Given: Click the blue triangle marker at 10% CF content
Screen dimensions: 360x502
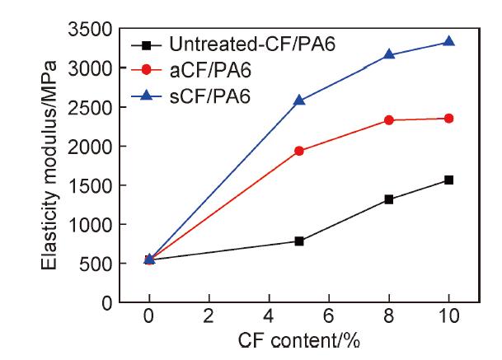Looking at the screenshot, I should pos(448,41).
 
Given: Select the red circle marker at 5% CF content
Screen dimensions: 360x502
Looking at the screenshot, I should pos(299,151).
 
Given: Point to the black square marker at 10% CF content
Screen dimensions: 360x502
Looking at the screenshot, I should pos(448,180).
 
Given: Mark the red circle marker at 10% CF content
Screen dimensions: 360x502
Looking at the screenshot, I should pos(448,119).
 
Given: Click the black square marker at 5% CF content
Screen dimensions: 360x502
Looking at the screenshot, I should pos(299,241).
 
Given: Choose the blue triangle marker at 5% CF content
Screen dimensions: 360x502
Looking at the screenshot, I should pos(299,100).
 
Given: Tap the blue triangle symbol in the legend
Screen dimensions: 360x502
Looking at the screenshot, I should pos(148,96).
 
